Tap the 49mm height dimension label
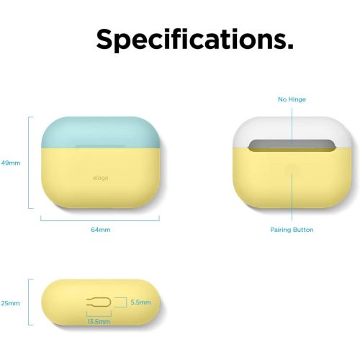point(12,163)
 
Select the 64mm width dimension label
point(101,230)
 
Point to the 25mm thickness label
point(12,304)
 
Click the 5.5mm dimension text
point(140,302)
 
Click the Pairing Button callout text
point(292,230)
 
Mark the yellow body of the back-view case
point(292,187)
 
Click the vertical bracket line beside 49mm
point(29,163)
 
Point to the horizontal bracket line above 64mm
point(101,218)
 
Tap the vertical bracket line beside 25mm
point(29,304)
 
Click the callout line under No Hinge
point(292,122)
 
